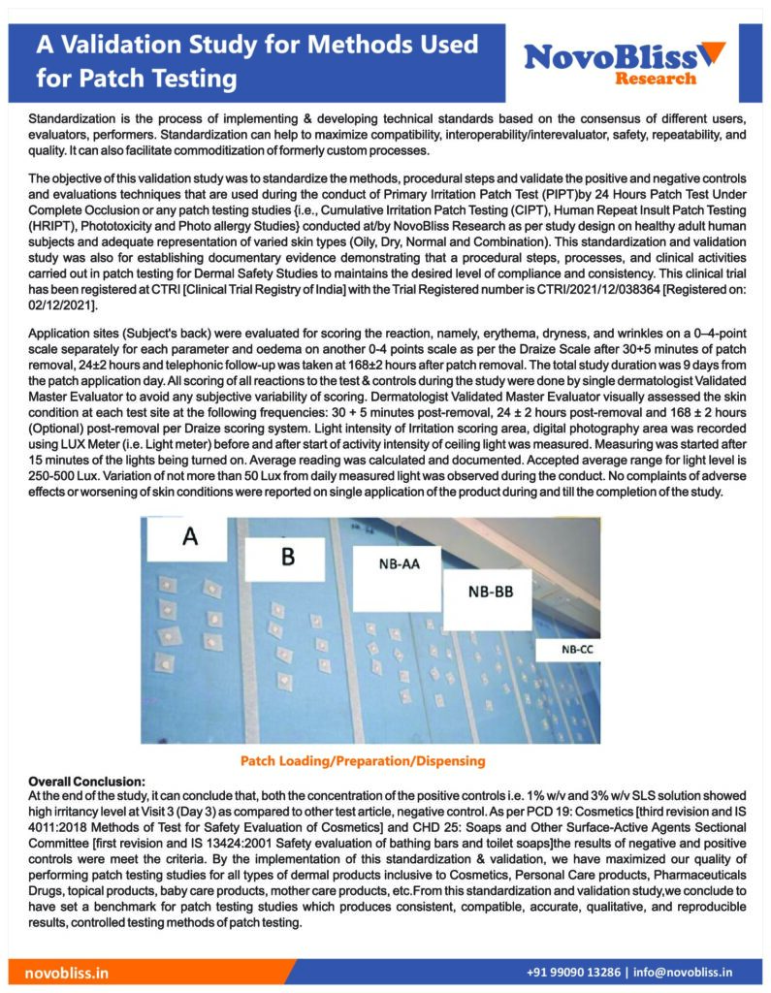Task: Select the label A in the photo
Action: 190,538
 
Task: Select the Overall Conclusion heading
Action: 87,781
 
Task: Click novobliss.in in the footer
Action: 67,972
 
